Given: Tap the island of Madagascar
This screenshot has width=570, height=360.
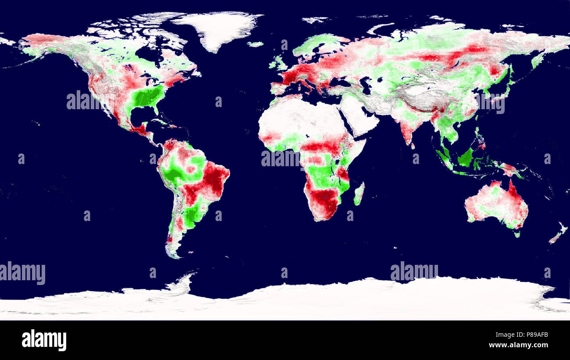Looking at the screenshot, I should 359,194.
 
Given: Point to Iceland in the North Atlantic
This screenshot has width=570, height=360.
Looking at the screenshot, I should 255,44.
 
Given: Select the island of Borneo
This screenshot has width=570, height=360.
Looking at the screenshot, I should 466,157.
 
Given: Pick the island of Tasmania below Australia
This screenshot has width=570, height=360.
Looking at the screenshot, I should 517,234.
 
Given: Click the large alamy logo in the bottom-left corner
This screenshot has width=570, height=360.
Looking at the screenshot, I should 44,340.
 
